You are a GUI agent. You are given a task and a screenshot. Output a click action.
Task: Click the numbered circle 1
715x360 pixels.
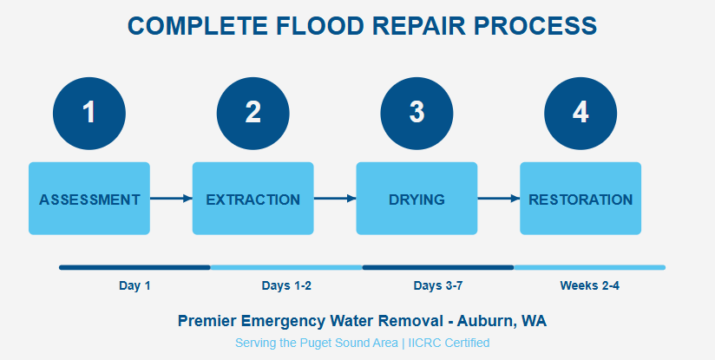(x=89, y=112)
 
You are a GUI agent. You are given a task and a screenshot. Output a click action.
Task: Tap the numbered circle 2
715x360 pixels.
(x=253, y=112)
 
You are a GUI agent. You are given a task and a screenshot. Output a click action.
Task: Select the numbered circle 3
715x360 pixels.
(x=417, y=112)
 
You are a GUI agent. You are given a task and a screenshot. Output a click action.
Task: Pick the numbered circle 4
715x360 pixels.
(x=581, y=112)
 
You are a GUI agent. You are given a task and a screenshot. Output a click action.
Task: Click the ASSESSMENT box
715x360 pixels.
(x=89, y=199)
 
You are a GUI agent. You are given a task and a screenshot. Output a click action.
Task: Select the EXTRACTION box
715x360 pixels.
(x=253, y=199)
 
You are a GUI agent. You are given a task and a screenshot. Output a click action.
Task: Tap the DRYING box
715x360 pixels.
(x=417, y=199)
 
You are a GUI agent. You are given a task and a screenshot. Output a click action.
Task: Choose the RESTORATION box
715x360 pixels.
(x=581, y=199)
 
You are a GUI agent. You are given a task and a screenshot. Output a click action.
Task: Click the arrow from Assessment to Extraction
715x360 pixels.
(x=171, y=199)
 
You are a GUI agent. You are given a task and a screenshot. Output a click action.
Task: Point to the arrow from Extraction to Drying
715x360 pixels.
(x=335, y=199)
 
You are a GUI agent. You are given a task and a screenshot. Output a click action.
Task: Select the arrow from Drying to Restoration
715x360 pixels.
(x=498, y=199)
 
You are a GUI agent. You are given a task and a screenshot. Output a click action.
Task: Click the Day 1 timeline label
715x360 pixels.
(x=134, y=285)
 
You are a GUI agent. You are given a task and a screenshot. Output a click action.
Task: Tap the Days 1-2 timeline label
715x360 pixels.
(x=286, y=285)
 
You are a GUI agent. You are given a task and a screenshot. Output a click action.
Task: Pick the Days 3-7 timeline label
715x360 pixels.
(x=438, y=285)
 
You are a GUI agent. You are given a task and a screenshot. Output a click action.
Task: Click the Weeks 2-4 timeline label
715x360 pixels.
(x=590, y=285)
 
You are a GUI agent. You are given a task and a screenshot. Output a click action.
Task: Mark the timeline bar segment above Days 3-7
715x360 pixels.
(x=438, y=267)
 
